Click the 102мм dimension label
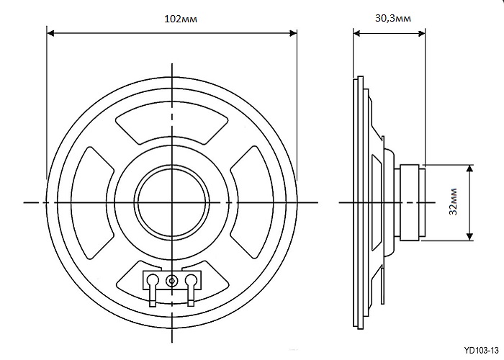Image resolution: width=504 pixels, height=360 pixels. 181,19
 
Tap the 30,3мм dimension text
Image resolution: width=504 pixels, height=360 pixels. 393,18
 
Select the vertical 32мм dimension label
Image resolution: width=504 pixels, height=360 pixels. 453,202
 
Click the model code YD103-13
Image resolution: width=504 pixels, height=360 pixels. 481,350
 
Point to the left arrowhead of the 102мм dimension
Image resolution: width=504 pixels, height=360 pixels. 50,33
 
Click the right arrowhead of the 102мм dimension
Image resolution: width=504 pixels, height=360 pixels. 293,33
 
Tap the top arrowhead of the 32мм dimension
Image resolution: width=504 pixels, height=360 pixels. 470,168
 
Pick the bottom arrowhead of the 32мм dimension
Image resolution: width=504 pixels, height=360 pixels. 470,236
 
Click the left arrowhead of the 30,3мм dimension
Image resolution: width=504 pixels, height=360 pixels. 357,33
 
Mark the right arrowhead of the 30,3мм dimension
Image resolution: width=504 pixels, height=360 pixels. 421,33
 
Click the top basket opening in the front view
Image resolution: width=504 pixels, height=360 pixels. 172,124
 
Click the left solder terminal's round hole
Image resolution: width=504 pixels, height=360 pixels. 153,279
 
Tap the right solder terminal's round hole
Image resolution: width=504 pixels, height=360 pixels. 191,279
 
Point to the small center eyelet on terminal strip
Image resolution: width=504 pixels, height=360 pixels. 172,282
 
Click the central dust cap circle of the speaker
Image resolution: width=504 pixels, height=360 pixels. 172,202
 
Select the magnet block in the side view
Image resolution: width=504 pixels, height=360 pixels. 413,202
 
